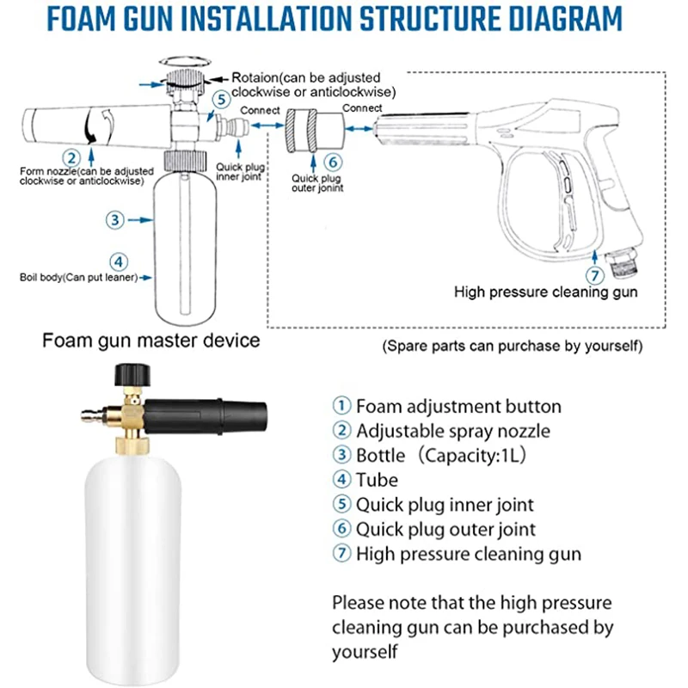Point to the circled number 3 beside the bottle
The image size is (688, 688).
117,219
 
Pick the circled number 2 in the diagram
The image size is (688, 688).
72,157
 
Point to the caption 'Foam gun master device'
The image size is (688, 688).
151,341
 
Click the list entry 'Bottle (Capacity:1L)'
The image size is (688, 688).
430,456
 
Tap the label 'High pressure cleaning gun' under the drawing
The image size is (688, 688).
545,292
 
